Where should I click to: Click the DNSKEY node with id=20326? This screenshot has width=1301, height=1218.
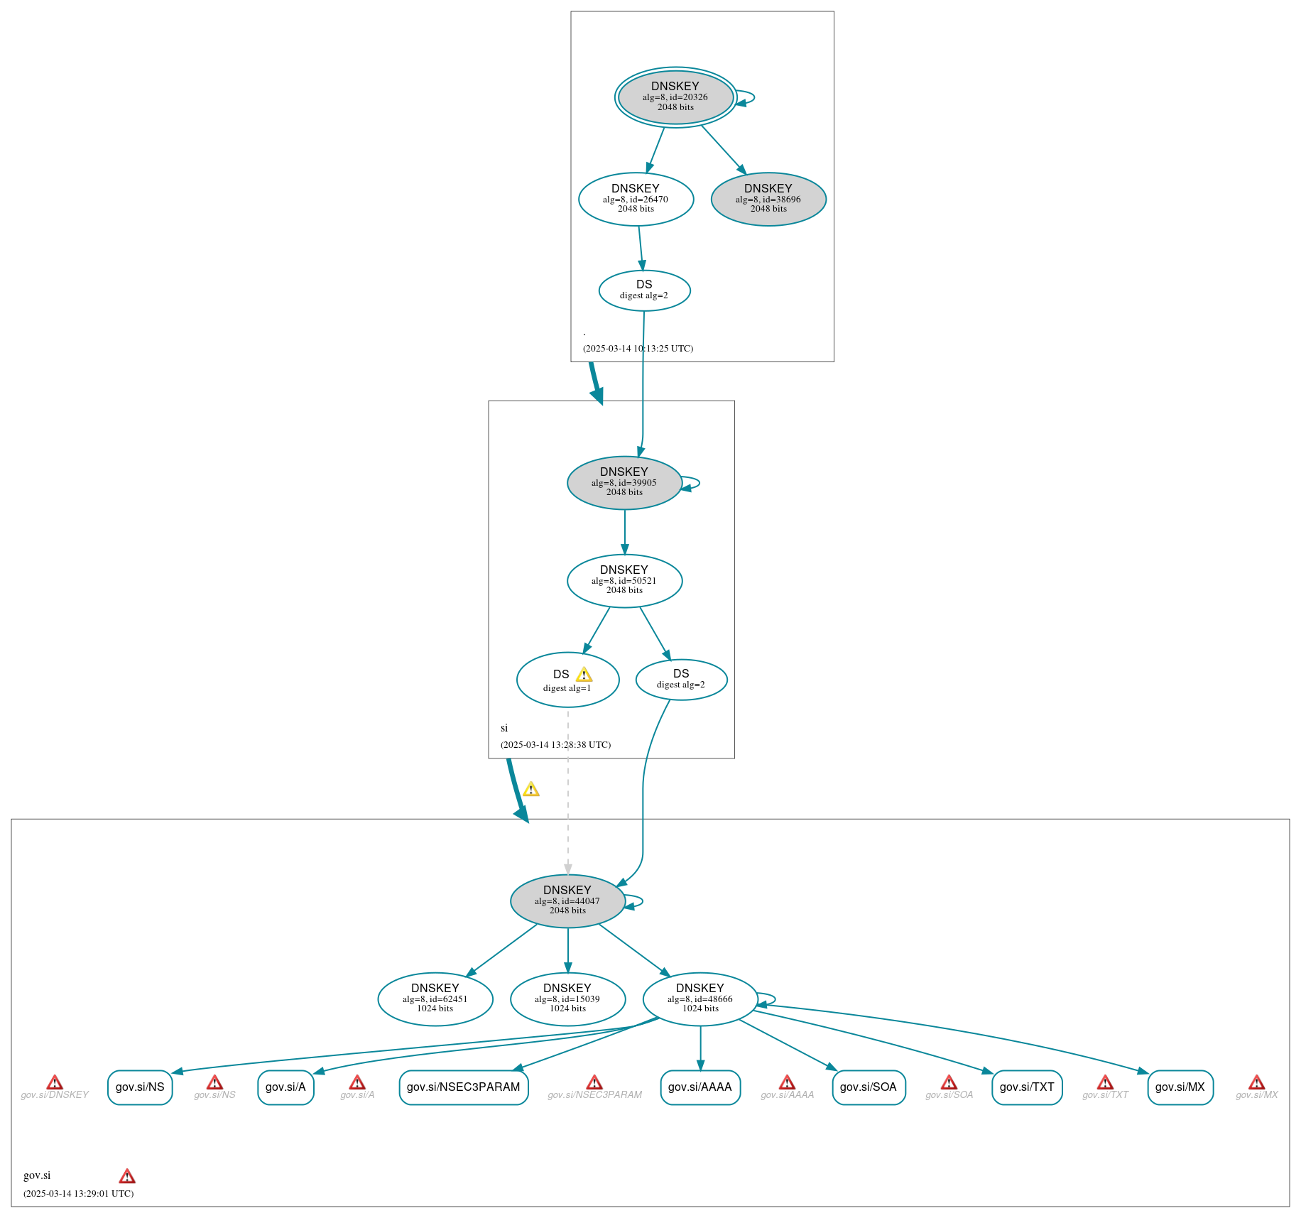675,97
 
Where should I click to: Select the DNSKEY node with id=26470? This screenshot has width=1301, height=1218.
636,199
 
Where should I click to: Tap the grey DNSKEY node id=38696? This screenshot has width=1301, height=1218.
768,199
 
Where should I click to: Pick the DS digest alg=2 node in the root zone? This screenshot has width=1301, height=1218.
644,290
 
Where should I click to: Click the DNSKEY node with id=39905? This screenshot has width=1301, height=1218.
624,483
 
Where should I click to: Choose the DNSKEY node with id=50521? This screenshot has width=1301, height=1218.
624,581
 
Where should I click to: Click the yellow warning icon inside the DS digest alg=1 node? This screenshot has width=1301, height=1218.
584,675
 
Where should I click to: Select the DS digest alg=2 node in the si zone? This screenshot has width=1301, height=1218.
681,680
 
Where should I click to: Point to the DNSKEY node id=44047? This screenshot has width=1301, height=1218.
567,901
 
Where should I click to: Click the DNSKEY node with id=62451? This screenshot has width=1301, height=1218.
435,999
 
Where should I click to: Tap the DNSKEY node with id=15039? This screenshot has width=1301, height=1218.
567,999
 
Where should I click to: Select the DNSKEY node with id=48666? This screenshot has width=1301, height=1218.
700,999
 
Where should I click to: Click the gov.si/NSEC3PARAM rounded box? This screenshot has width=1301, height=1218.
463,1087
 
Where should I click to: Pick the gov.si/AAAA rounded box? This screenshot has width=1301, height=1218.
700,1087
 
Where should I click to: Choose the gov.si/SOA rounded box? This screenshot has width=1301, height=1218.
868,1087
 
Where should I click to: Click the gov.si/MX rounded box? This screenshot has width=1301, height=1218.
1180,1087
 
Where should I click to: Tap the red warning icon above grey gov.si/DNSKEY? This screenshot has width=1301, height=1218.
55,1082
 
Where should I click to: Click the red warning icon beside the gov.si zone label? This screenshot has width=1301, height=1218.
127,1176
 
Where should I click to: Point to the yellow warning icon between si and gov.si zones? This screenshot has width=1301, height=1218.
531,790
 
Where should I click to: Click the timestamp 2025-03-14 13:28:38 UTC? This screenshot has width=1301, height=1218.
555,745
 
